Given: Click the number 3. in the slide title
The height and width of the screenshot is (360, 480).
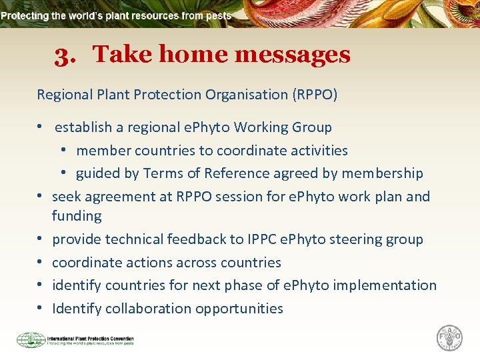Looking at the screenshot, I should (65, 55).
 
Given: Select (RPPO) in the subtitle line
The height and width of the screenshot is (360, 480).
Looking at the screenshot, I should (315, 95).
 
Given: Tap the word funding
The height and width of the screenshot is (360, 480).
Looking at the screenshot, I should (77, 216).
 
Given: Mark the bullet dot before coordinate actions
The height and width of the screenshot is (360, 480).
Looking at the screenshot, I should (41, 263).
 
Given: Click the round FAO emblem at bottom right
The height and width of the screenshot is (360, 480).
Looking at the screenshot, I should (449, 337).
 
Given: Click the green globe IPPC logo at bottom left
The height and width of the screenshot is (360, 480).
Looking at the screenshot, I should (31, 340).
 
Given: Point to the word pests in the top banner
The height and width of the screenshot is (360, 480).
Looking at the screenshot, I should (218, 15).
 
